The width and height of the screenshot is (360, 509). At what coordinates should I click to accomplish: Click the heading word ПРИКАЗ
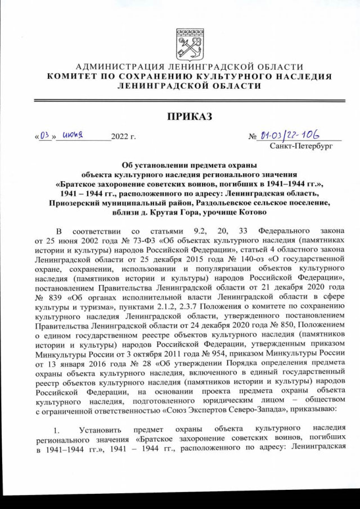pyautogui.click(x=180, y=116)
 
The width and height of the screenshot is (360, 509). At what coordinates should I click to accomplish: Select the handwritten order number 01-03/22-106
pyautogui.click(x=294, y=136)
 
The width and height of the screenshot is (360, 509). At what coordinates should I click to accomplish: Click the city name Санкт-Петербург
pyautogui.click(x=301, y=146)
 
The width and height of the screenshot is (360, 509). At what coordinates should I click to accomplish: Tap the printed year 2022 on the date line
pyautogui.click(x=120, y=137)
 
